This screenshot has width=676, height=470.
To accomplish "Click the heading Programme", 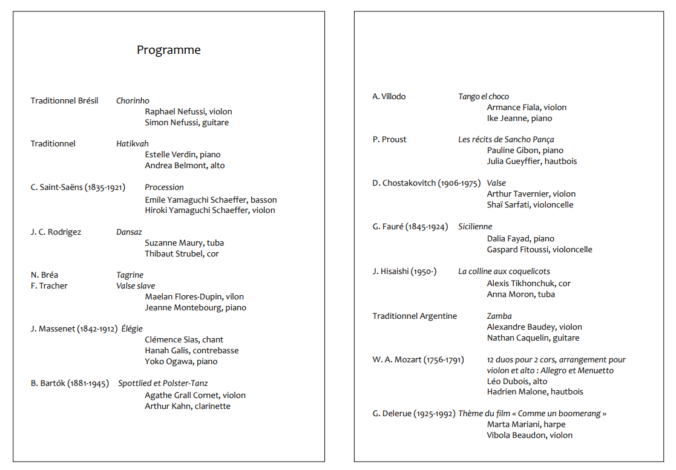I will click(x=168, y=50).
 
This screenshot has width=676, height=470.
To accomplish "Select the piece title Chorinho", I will click(x=133, y=101).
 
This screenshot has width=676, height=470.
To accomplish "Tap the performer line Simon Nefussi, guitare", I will click(x=186, y=123).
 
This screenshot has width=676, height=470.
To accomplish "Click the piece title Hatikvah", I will click(x=132, y=144).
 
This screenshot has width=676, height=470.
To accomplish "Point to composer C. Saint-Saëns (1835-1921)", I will click(x=78, y=188).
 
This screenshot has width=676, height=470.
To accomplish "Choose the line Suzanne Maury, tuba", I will click(x=184, y=243).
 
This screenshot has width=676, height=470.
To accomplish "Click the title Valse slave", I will click(x=136, y=286).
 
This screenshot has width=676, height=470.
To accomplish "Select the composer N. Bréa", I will click(x=44, y=275).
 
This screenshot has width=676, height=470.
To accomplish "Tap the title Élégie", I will click(x=132, y=329).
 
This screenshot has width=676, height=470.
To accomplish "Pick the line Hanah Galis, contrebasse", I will click(x=191, y=351).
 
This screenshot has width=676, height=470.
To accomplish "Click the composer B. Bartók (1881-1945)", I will click(x=70, y=384).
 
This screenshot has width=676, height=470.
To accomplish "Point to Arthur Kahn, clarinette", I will click(x=188, y=406).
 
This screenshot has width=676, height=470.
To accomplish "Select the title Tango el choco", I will click(x=484, y=97).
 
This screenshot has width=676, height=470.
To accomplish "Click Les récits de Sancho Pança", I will click(x=506, y=140).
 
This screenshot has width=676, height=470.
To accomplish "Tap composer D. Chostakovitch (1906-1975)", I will click(x=426, y=183).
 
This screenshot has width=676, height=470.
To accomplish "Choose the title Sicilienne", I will click(x=475, y=227).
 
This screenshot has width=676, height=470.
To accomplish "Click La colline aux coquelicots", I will click(x=504, y=272).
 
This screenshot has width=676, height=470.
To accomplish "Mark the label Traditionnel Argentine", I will click(x=415, y=316).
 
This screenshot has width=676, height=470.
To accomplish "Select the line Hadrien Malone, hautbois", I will click(x=535, y=392).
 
